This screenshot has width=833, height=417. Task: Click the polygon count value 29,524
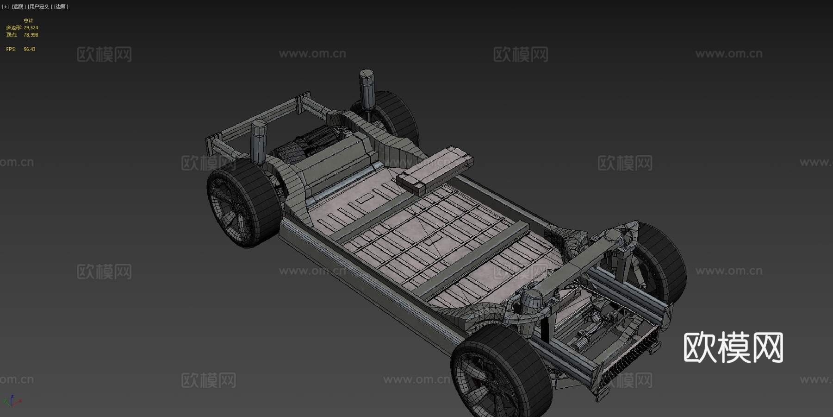coord(31,28)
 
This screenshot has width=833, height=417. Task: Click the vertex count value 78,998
coord(31,35)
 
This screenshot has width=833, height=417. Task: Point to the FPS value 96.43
coord(30,49)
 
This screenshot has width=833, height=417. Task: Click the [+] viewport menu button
coord(6,6)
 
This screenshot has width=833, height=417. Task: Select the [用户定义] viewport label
coord(39,6)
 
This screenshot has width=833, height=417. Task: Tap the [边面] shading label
coord(61,6)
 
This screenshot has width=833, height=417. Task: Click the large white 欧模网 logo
coord(733,347)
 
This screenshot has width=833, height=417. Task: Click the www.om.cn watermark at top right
coord(728,54)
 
